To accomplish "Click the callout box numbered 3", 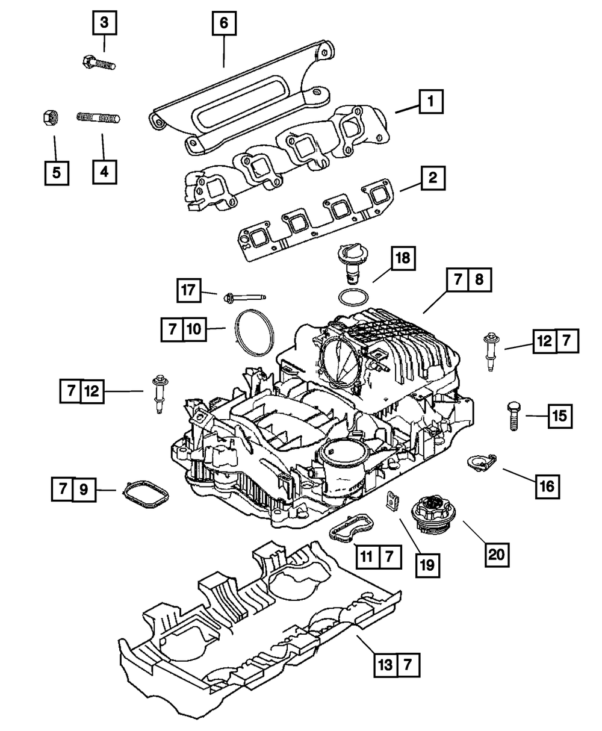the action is point(104,23).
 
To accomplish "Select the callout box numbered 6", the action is point(224,23).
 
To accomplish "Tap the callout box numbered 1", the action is point(431,102).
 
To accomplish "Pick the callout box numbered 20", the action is point(497,555).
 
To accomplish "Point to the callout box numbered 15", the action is point(560,416).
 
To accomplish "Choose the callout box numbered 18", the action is point(403,258).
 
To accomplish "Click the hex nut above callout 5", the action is point(50,117).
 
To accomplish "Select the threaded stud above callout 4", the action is point(98,117).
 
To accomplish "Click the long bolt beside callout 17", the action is point(244,298).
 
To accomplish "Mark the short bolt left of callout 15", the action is point(514,417).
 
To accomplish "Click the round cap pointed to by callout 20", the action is point(433,515).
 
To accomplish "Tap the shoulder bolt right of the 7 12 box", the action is point(160,394).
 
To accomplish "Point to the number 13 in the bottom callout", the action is point(386,665).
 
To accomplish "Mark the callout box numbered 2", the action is point(433,178).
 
